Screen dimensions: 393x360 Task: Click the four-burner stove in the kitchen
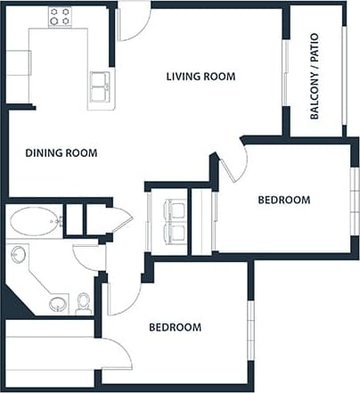60,15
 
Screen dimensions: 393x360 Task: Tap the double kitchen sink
102,86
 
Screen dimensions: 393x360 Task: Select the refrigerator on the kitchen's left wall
19,63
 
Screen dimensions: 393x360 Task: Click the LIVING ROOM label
200,77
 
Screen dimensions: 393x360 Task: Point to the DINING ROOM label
61,152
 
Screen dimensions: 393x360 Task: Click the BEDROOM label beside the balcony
284,200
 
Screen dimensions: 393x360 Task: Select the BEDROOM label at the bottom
174,327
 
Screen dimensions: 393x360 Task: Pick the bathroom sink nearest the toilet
58,304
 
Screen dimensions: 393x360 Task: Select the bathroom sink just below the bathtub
19,255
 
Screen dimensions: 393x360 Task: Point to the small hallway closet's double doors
118,219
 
